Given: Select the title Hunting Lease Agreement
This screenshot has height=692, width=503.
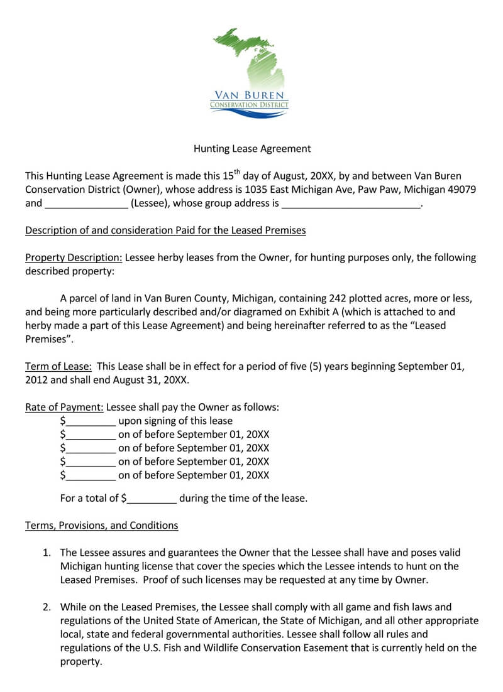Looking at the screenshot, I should point(251,149).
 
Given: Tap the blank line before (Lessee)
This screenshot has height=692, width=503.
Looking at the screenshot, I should point(86,203).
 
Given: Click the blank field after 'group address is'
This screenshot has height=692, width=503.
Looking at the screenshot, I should point(351,203).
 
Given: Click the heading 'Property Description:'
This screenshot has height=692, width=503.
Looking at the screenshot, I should point(74,257).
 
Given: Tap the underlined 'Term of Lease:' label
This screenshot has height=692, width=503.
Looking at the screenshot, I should point(58,367).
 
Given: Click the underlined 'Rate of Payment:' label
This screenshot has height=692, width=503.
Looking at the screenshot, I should point(64,408).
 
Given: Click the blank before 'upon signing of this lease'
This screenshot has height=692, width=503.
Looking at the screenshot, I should point(91,421).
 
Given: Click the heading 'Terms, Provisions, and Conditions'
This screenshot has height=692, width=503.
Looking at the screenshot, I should point(101,526).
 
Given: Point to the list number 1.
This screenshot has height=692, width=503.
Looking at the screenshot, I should point(46,553).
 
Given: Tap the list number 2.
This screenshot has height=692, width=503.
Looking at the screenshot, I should point(46,607).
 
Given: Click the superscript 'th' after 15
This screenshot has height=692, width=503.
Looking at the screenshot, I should point(236,172).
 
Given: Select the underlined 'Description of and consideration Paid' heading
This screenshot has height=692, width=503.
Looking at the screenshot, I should point(165,230).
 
